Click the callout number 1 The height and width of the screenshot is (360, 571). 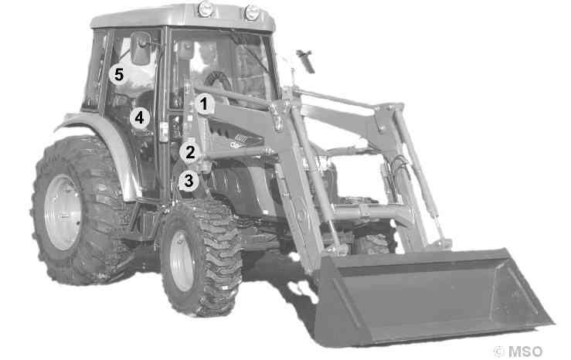click(204, 104)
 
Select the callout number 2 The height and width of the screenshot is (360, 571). click(190, 152)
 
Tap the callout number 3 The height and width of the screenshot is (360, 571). click(189, 181)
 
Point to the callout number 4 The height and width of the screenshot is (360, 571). click(140, 118)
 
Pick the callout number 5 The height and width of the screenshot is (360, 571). click(119, 75)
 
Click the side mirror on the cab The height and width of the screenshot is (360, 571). click(141, 49)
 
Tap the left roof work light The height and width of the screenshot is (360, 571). click(206, 8)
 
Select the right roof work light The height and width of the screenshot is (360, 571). click(252, 12)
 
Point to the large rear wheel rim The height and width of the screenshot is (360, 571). click(63, 212)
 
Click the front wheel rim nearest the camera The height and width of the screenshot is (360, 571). click(182, 260)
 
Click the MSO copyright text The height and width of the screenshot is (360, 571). click(518, 352)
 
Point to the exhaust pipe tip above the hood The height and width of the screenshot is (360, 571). click(306, 60)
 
